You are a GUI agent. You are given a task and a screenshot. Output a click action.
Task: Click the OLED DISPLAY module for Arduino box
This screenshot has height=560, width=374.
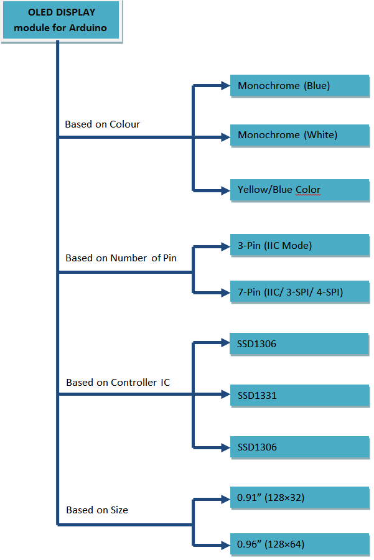click(61, 20)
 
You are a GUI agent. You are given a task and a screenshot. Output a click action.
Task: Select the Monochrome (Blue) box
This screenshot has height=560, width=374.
click(299, 86)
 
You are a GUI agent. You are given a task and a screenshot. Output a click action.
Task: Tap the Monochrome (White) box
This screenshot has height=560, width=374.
click(299, 135)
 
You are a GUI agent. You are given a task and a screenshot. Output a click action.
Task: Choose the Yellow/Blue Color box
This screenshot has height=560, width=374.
click(299, 190)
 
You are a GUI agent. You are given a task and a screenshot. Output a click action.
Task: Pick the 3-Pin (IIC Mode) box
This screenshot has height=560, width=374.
click(299, 246)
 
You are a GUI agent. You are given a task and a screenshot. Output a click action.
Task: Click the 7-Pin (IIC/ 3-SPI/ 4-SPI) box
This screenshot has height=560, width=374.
click(299, 292)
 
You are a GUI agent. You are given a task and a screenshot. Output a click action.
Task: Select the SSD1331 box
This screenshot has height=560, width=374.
click(299, 395)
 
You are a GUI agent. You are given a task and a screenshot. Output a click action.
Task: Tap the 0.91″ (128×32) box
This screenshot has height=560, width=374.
click(299, 498)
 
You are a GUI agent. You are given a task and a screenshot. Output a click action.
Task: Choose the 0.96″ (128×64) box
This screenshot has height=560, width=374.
click(299, 545)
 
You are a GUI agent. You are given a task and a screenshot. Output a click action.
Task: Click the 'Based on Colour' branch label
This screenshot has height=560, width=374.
click(102, 124)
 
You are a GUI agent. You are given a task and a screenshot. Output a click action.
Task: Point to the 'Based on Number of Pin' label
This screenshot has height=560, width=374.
click(121, 258)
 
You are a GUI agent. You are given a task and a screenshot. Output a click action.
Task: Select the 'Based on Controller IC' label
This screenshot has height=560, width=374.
click(118, 383)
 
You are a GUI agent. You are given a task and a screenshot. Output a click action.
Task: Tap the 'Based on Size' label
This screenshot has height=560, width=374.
click(96, 510)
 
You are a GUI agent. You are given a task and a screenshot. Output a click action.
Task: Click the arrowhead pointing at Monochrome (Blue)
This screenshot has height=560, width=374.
click(226, 86)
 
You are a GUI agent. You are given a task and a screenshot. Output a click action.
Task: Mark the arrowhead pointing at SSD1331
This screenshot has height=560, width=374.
click(226, 394)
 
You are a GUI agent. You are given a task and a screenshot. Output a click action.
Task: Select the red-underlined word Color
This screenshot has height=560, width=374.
click(308, 190)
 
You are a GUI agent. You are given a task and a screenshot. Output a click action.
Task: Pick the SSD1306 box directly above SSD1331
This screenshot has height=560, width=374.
click(299, 344)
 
